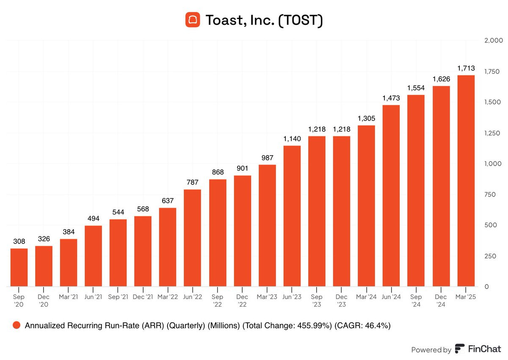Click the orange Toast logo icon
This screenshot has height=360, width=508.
193,20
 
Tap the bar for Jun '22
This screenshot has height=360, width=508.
192,238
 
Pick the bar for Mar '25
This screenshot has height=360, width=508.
466,181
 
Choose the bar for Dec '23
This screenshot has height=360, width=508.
341,211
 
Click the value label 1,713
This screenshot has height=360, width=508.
466,68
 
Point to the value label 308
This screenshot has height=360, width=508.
19,241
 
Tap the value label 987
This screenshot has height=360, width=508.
267,158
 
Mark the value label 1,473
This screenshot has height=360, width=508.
391,98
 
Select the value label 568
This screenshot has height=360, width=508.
143,209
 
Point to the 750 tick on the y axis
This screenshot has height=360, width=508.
490,194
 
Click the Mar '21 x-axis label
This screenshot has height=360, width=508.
69,297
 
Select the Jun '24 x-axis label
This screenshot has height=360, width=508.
391,297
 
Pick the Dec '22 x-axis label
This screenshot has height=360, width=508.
242,300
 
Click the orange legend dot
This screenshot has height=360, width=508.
17,325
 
